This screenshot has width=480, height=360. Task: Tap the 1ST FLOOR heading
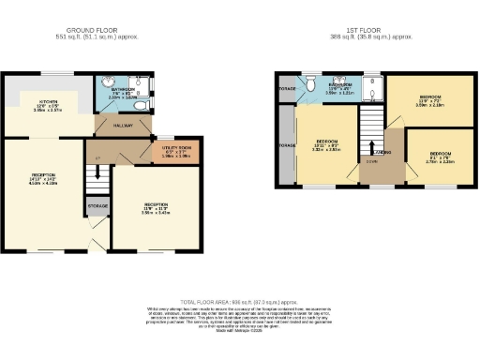(x=372, y=31)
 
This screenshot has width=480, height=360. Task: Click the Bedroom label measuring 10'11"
(x=327, y=143)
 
